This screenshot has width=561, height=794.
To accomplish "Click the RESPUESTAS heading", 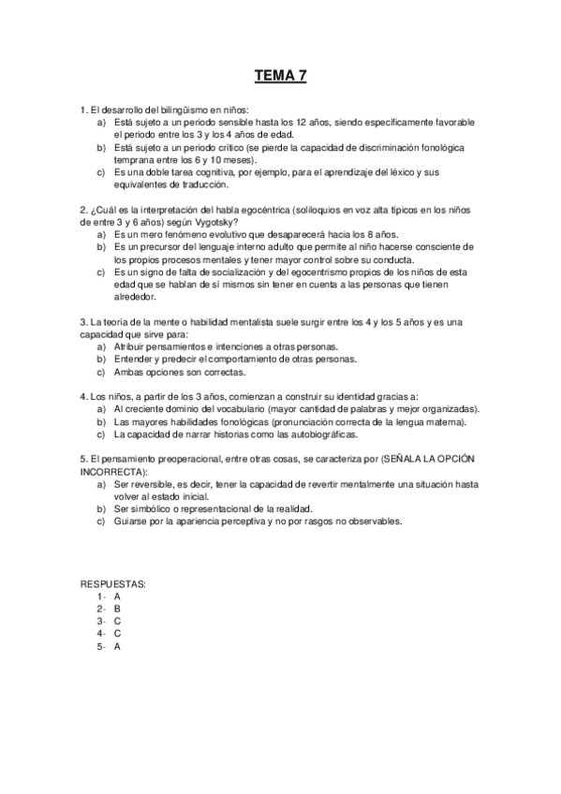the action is [x=113, y=583].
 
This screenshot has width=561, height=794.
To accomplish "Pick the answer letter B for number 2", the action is [x=117, y=608].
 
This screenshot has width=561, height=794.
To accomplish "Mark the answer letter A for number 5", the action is [x=117, y=645].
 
